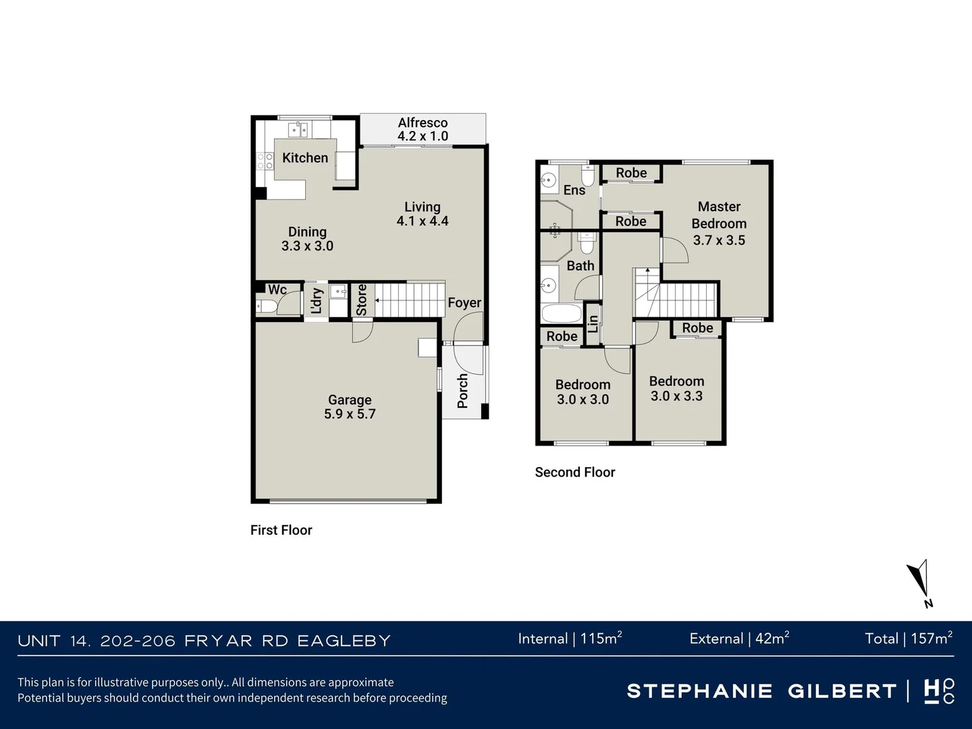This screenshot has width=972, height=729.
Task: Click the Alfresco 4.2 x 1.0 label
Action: (423, 129)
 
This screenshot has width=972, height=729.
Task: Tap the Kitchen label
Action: (305, 158)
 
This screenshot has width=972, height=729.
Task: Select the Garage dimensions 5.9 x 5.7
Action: (350, 414)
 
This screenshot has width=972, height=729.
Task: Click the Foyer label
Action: (464, 303)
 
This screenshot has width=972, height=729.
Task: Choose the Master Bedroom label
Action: (719, 223)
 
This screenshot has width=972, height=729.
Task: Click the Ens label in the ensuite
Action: (574, 190)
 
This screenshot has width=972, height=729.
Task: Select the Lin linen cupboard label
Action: (593, 323)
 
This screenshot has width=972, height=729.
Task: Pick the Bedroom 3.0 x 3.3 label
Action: (676, 389)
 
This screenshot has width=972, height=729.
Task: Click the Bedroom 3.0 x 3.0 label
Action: (583, 392)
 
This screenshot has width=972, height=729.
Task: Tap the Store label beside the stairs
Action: (361, 299)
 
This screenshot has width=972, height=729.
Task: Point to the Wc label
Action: (277, 290)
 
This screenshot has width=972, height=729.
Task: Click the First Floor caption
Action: (281, 530)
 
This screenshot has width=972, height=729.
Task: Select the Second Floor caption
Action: (574, 473)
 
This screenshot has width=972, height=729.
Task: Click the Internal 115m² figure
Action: (570, 639)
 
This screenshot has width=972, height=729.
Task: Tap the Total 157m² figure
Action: (908, 639)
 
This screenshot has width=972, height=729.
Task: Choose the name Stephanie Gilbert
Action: (761, 691)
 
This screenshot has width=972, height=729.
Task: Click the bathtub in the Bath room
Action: (561, 314)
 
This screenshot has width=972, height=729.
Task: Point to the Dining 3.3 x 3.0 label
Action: (307, 239)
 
